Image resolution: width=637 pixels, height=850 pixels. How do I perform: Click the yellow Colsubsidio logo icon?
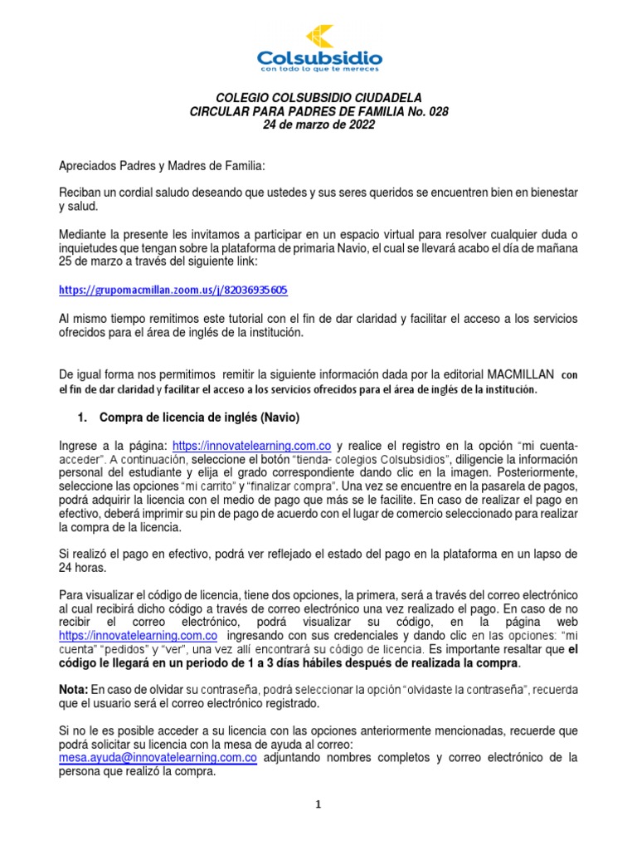pyautogui.click(x=319, y=37)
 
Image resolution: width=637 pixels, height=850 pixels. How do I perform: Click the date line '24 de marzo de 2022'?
pyautogui.click(x=318, y=125)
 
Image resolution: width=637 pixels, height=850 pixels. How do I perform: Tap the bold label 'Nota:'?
pyautogui.click(x=75, y=690)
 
